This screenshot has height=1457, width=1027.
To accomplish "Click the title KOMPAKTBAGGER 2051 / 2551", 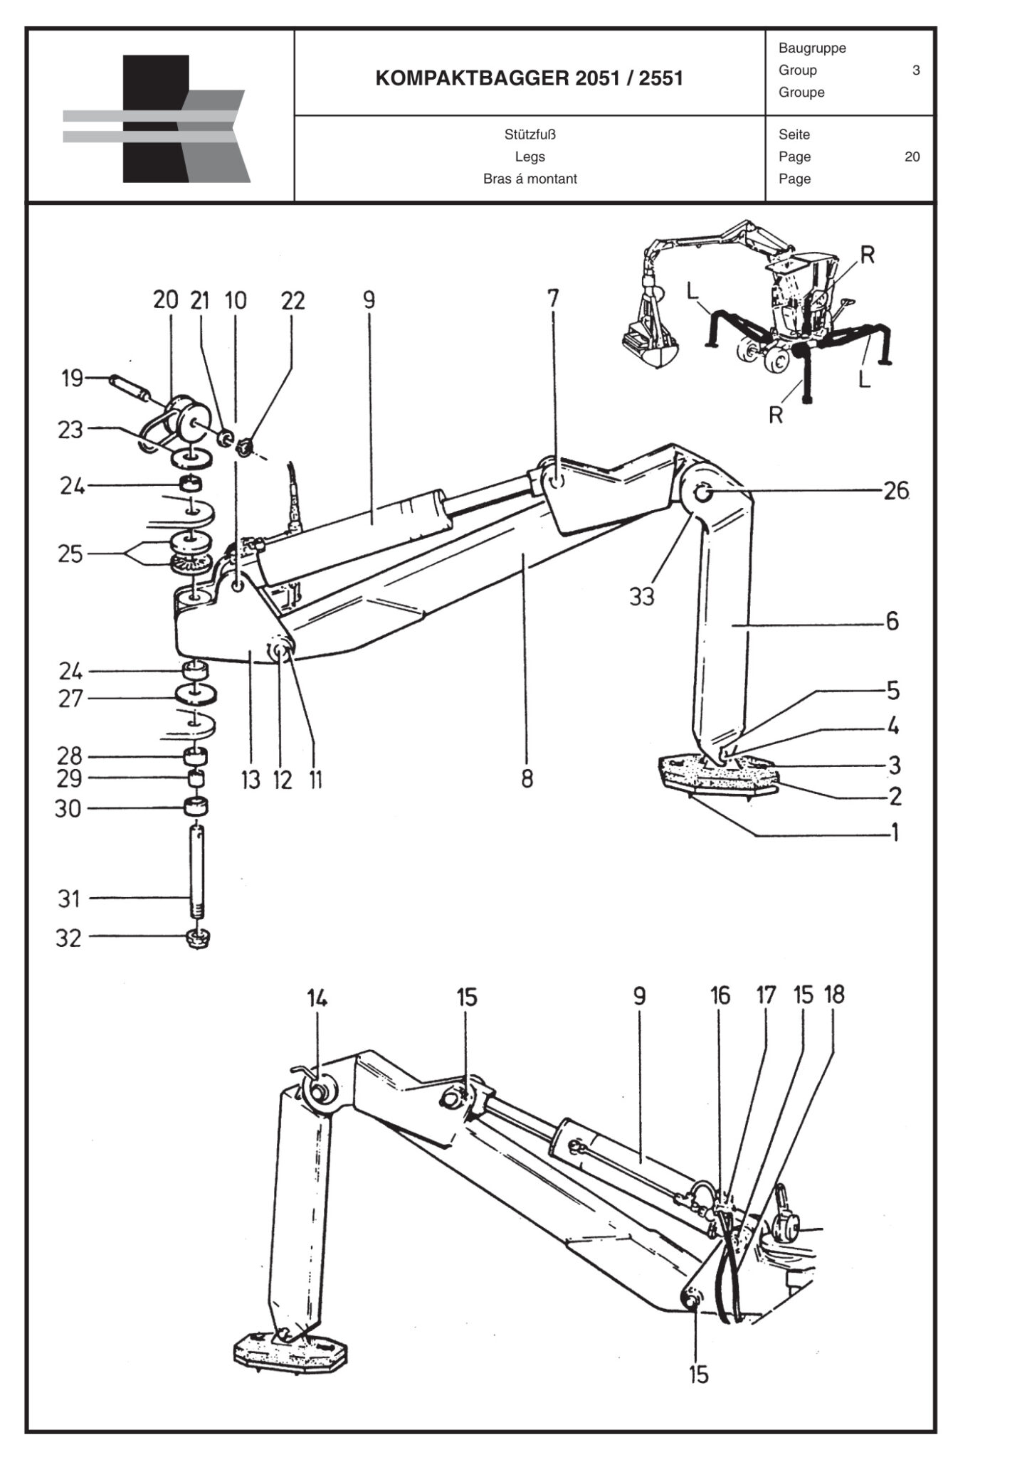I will tap(529, 78).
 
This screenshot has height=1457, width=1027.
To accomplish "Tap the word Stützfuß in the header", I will tap(530, 134).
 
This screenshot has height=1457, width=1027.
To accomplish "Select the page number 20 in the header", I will tap(912, 157).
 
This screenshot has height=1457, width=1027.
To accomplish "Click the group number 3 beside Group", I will tap(916, 70).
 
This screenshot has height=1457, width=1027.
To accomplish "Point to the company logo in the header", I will tap(157, 119).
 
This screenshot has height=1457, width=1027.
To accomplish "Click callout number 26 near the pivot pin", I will tap(896, 491).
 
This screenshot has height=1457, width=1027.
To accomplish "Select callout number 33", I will tap(641, 596).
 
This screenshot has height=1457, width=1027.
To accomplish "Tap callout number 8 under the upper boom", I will tap(527, 779).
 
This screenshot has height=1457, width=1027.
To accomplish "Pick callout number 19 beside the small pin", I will tap(72, 378).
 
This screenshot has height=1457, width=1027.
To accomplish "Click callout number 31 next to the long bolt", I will tap(69, 899).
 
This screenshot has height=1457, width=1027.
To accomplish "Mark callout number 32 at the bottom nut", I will tap(68, 938).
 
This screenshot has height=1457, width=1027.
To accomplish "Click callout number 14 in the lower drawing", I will tap(317, 999).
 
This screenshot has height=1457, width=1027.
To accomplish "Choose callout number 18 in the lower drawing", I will tap(834, 995).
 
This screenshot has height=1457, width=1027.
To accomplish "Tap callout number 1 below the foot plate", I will tap(895, 832).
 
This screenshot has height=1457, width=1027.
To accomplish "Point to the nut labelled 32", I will tap(197, 939).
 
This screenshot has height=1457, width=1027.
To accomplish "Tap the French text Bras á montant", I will tap(530, 179).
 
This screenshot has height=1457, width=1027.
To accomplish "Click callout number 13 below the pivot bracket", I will tap(251, 780).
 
